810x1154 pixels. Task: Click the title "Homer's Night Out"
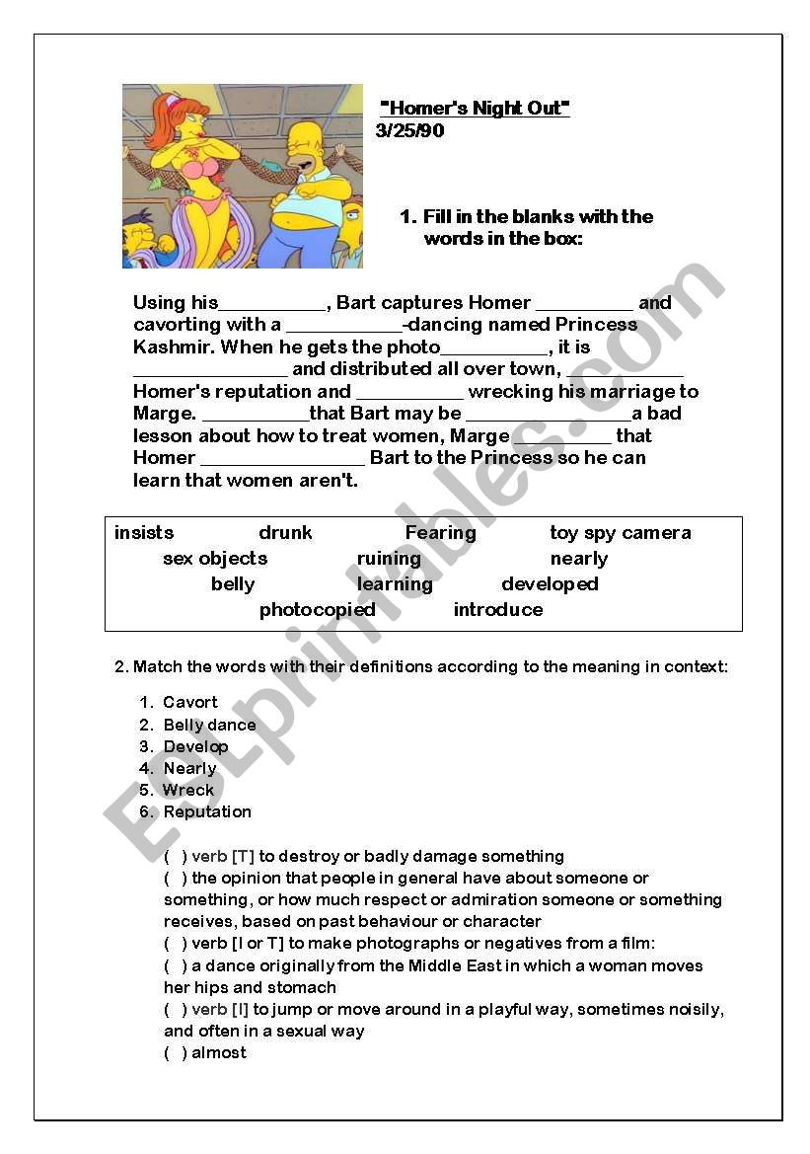pyautogui.click(x=475, y=109)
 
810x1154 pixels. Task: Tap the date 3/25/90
pyautogui.click(x=409, y=131)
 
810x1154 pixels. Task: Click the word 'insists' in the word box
pyautogui.click(x=144, y=533)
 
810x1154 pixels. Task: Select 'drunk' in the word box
pyautogui.click(x=285, y=533)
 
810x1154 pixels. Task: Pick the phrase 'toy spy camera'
pyautogui.click(x=620, y=533)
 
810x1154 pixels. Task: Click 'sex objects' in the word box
pyautogui.click(x=215, y=559)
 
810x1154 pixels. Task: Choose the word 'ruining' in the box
pyautogui.click(x=389, y=559)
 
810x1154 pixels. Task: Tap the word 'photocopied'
pyautogui.click(x=317, y=610)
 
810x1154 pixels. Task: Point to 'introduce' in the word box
pyautogui.click(x=497, y=610)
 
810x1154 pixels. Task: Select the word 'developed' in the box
pyautogui.click(x=550, y=584)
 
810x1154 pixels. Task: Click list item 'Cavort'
pyautogui.click(x=190, y=703)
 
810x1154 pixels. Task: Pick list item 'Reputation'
pyautogui.click(x=207, y=812)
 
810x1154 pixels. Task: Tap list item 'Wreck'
pyautogui.click(x=188, y=791)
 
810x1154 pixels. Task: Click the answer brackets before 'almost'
pyautogui.click(x=175, y=1053)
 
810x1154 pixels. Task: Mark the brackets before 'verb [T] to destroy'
pyautogui.click(x=175, y=857)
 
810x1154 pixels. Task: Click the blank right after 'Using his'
pyautogui.click(x=271, y=304)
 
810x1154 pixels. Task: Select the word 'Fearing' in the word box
pyautogui.click(x=440, y=533)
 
